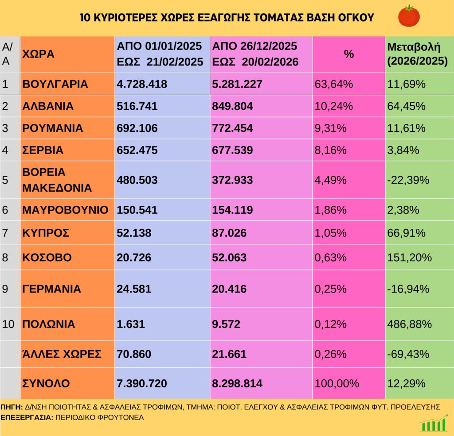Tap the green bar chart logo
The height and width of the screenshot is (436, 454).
pos(434,423)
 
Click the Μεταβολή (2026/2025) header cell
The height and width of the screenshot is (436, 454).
pos(417,54)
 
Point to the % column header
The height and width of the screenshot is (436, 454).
pos(349,54)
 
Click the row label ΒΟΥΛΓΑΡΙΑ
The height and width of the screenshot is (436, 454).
pos(55,84)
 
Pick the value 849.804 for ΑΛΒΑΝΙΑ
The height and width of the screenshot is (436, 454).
pos(233,106)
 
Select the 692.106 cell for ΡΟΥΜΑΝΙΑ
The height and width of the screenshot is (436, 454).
pos(137,128)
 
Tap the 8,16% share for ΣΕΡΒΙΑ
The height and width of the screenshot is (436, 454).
pos(330,150)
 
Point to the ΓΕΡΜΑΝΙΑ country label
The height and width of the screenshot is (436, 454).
pos(51,289)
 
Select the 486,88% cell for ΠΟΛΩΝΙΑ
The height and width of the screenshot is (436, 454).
pos(410,324)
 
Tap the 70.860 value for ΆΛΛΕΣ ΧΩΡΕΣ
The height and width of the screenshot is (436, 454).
pos(134,354)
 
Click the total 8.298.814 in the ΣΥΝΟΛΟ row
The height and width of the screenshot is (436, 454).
pos(238,383)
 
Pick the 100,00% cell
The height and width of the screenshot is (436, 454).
pos(337,383)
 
